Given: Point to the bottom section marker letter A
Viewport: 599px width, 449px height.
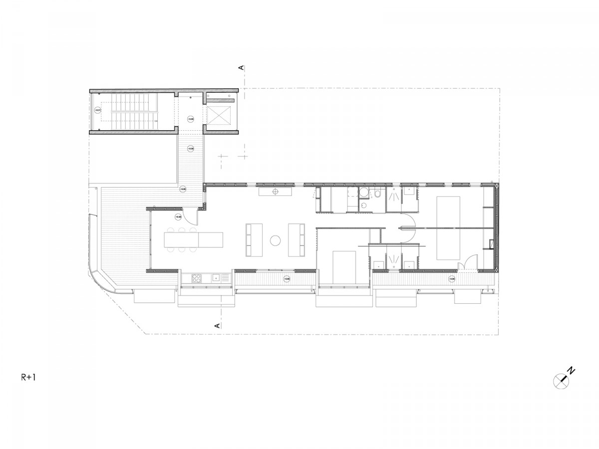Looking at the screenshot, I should click(x=218, y=325).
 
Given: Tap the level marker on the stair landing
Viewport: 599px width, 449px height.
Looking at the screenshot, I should click(x=98, y=110).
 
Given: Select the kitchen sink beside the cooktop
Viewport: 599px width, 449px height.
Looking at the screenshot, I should click(x=216, y=278).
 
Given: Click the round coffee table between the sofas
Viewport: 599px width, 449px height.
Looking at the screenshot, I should click(x=276, y=240).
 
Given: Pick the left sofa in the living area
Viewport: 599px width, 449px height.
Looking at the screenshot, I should click(x=254, y=239).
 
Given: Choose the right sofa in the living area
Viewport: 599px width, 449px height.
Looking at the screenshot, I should click(x=297, y=239).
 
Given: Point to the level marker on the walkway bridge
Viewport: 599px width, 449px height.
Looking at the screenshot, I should click(x=190, y=148).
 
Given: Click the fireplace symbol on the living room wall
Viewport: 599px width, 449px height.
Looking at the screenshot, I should click(x=276, y=191).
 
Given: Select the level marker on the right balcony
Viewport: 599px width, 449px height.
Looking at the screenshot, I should click(x=451, y=279).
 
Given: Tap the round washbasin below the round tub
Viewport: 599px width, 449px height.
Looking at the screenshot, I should click(x=363, y=205).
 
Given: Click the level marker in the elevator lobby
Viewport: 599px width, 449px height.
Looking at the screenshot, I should click(x=190, y=118).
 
